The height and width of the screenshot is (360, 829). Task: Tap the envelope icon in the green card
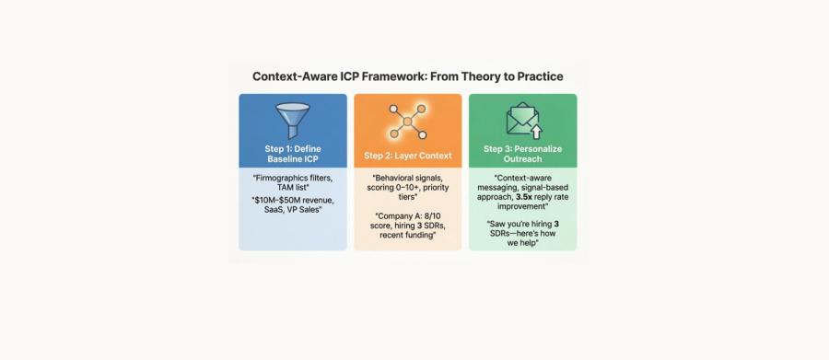(x=522, y=118)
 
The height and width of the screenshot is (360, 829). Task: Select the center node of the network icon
(x=407, y=122)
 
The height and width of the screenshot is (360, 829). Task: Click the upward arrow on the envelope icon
(x=537, y=131)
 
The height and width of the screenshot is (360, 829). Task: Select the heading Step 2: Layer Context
(x=408, y=156)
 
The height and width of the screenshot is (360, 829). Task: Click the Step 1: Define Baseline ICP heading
(x=293, y=154)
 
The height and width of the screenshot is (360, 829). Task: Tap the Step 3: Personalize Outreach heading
(x=523, y=154)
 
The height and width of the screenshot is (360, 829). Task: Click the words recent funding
(x=407, y=235)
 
